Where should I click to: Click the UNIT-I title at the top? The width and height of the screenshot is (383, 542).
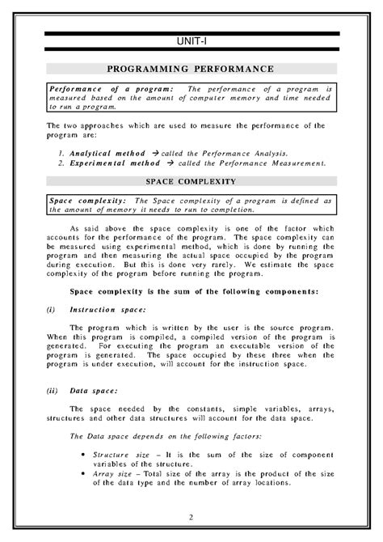[x=191, y=42]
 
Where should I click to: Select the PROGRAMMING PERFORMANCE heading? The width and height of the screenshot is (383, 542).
[x=191, y=70]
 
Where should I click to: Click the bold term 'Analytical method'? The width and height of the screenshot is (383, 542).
[x=101, y=152]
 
